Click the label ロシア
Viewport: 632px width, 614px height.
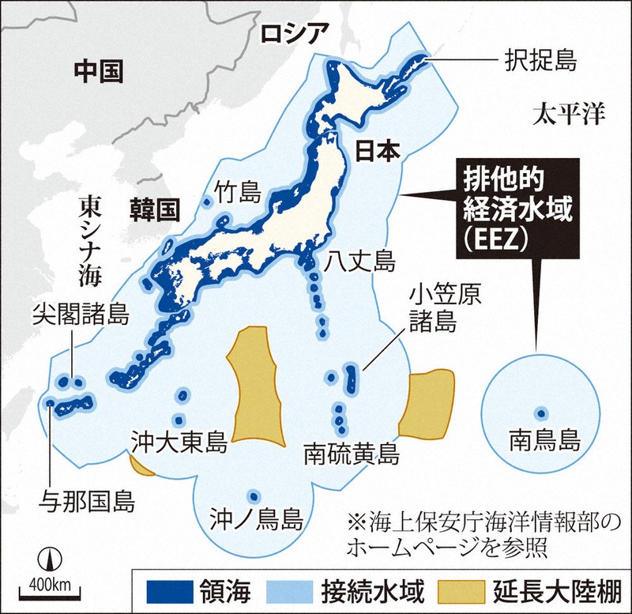[x=293, y=34]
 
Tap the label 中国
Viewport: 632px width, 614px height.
[x=99, y=73]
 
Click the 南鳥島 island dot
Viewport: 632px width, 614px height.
[x=541, y=412]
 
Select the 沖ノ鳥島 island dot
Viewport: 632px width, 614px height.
[x=254, y=497]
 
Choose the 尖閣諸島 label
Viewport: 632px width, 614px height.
[x=81, y=315]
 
